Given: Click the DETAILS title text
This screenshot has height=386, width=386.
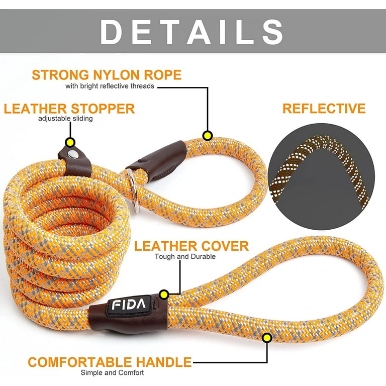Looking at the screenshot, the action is pos(191,32).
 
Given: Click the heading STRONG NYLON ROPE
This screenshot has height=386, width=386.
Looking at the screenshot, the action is pos(107,75).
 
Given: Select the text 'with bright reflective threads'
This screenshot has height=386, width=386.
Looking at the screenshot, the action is pos(110,86).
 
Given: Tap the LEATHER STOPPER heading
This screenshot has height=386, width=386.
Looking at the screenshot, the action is pos(69,109).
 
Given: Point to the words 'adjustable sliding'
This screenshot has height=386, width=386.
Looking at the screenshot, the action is pos(65,119).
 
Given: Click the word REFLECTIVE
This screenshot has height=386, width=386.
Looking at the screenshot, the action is pos(324,109).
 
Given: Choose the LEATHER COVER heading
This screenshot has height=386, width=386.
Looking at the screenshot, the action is pos(191,246).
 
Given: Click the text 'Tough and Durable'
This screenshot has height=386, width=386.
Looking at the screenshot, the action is pos(185,256).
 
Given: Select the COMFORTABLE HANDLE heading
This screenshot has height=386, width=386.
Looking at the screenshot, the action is pos(110,362).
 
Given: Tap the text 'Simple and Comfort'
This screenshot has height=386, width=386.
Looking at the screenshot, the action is pos(112,372).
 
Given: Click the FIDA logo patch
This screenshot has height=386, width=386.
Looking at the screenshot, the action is pos(129,305).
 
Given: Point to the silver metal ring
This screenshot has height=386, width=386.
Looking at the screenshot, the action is pos(133,190).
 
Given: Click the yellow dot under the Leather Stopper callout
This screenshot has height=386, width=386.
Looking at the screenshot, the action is pos(70,143).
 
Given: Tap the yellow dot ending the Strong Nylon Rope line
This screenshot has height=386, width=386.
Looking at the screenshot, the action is pos(208,136).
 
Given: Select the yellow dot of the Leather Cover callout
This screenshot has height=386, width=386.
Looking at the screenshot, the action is pos(164,295).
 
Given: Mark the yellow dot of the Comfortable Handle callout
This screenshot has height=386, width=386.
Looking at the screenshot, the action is pos(267,338).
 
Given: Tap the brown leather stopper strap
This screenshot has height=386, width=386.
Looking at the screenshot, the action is pos(74,161).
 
